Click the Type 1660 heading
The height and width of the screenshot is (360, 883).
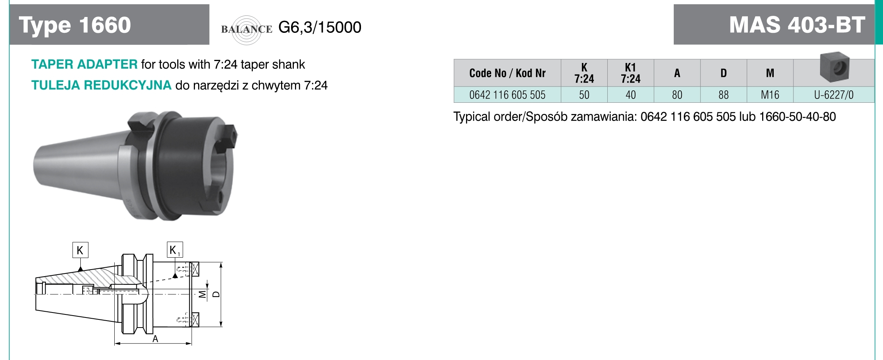click(x=75, y=25)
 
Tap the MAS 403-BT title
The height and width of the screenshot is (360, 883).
click(x=797, y=25)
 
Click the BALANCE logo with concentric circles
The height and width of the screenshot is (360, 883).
click(x=247, y=29)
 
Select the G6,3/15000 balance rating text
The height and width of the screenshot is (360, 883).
click(x=320, y=27)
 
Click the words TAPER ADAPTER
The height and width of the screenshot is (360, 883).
click(x=84, y=64)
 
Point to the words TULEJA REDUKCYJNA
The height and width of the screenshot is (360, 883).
click(x=101, y=85)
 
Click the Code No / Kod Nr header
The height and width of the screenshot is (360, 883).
click(x=507, y=73)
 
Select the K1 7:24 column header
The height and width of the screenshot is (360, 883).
click(x=630, y=73)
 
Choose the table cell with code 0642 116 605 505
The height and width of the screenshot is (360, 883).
click(x=507, y=95)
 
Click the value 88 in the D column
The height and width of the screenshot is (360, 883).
click(x=723, y=95)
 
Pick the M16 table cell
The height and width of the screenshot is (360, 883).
click(x=770, y=95)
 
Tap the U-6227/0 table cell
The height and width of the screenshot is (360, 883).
click(x=834, y=95)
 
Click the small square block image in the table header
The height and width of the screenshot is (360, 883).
click(x=834, y=67)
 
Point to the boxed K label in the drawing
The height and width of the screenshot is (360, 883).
click(x=80, y=250)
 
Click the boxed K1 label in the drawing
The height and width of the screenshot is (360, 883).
click(x=175, y=250)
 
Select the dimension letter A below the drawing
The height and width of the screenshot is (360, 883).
click(x=155, y=339)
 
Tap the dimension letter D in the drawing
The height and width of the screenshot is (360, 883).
click(x=216, y=294)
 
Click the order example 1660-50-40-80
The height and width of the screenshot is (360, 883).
click(x=797, y=117)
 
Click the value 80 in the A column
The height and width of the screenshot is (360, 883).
click(x=677, y=95)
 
